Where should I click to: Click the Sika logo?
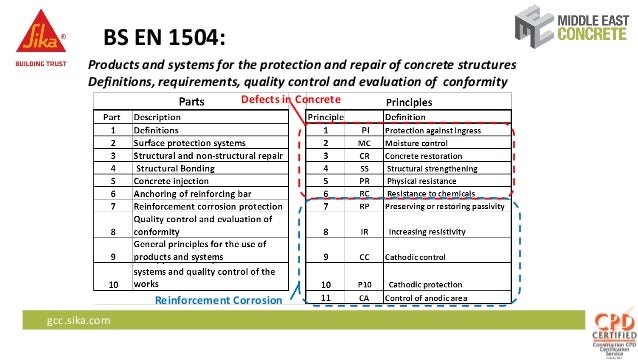36,38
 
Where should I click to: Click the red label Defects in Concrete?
284,100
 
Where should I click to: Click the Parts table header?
193,101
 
